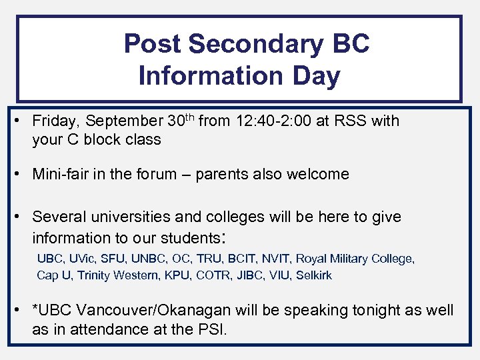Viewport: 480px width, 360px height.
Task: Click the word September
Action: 125,121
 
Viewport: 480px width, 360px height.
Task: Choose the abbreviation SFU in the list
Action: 117,259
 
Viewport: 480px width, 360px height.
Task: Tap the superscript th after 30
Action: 191,117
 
